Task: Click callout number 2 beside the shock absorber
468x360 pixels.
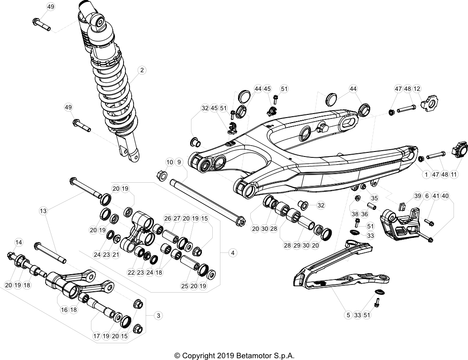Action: tap(142, 70)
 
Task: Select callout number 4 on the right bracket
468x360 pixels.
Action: tap(232, 253)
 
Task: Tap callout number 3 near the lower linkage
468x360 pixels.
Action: tap(158, 315)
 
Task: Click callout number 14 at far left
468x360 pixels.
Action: tap(19, 242)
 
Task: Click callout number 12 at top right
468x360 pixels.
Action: tap(417, 89)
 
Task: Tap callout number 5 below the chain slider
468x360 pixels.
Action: tap(348, 315)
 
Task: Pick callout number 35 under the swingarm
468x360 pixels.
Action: tap(374, 198)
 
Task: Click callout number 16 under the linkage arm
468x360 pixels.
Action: tap(64, 310)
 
